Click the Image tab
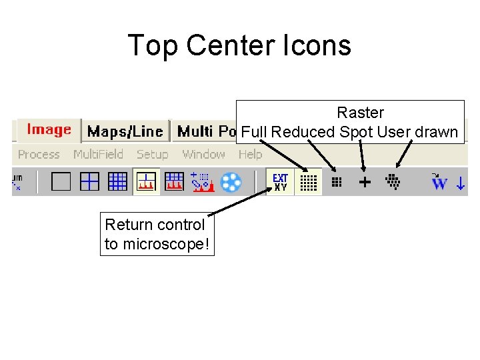49,130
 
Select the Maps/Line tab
125,131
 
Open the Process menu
39,155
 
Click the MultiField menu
98,155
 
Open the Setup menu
152,155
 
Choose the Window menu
203,155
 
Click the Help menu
250,155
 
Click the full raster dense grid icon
307,182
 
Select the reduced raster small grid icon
337,181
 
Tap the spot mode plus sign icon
365,181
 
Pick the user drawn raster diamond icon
393,181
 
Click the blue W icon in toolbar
439,182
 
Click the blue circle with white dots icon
231,182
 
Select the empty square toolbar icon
61,181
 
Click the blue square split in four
89,181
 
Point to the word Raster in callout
360,113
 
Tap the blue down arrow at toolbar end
460,182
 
